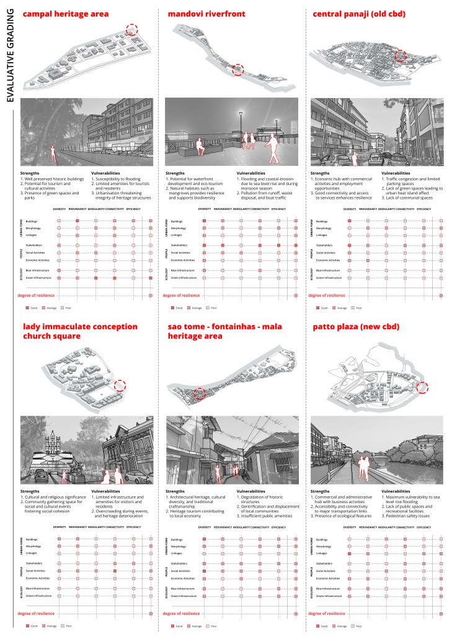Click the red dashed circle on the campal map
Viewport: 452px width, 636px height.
click(131, 29)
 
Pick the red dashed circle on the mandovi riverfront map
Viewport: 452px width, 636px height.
click(237, 70)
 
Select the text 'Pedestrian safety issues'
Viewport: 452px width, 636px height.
click(414, 516)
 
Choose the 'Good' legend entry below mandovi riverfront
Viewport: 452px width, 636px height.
click(177, 307)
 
